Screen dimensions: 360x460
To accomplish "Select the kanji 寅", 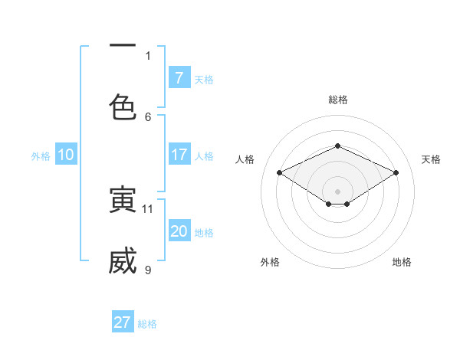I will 123,200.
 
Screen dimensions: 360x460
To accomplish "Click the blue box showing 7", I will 179,77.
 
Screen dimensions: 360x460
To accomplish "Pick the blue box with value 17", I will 179,155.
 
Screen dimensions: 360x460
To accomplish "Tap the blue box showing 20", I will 179,231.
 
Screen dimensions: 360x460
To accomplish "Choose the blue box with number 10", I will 66,155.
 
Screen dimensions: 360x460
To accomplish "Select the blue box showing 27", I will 123,322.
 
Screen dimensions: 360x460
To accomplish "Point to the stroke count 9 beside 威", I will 148,270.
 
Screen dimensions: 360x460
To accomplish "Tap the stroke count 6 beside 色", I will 148,116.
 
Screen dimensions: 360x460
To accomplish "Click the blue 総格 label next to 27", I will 148,324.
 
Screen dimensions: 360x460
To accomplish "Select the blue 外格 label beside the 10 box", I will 41,156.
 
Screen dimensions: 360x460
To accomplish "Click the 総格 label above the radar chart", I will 337,100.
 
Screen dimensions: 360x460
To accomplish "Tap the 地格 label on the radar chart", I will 402,262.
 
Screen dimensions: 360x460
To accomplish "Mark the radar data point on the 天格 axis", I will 396,173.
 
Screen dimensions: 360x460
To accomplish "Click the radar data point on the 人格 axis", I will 280,173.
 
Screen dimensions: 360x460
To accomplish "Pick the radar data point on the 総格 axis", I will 337,146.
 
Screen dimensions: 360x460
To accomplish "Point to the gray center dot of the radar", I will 337,191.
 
